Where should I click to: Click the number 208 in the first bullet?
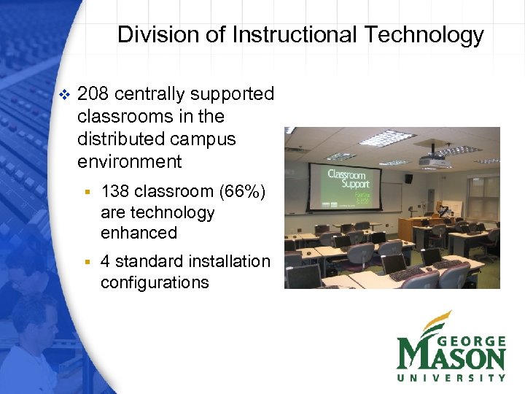[93, 94]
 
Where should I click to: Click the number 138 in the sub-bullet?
[115, 193]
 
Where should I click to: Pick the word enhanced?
[139, 233]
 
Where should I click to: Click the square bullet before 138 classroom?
[86, 193]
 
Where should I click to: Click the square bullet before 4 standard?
[86, 262]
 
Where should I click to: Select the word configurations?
[155, 282]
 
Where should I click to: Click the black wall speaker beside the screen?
[408, 178]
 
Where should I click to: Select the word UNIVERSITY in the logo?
[451, 377]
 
